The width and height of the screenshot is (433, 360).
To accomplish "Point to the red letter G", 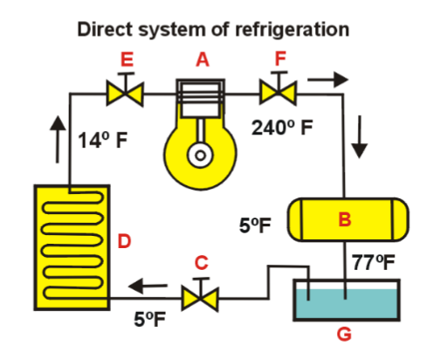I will point(346,334).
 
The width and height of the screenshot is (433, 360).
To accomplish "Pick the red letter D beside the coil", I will point(124,240).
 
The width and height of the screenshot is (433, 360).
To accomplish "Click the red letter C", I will point(202,262).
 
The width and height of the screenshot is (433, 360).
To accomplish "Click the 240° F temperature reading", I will point(281,127).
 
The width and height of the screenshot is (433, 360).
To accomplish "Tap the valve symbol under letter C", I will point(202,297).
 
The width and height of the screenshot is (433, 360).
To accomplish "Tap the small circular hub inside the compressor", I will point(202,157).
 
